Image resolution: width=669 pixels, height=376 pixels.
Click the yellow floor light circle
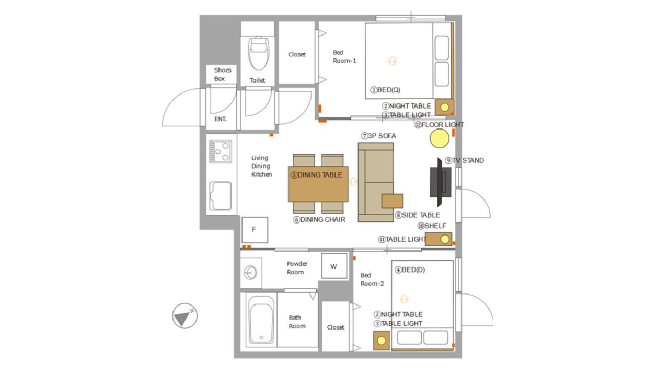(440, 138)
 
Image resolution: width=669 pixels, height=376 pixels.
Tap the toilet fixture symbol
(258, 53)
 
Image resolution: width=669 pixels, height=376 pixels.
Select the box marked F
(255, 230)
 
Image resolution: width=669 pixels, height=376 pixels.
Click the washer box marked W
(334, 266)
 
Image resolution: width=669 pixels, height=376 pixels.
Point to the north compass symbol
(184, 316)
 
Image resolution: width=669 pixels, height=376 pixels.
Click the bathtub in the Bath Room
(261, 320)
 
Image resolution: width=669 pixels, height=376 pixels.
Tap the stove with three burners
(221, 151)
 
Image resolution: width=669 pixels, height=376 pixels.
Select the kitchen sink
(221, 196)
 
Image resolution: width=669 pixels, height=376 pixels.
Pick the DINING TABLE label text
(317, 175)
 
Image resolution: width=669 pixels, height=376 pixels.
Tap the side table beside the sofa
(393, 201)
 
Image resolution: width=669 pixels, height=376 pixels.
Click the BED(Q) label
(385, 90)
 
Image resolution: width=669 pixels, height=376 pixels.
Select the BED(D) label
(410, 270)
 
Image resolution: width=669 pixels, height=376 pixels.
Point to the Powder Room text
(296, 268)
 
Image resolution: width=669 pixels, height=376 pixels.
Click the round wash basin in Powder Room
(250, 273)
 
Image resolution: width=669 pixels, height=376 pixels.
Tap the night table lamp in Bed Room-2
(382, 340)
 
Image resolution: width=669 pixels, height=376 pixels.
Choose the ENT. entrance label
(221, 119)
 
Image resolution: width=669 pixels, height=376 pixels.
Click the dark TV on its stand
(440, 182)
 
